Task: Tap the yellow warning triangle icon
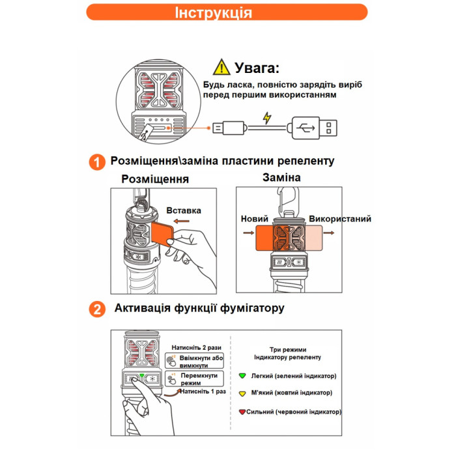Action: tap(222, 67)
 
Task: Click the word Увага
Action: tap(257, 68)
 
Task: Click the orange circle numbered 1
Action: tap(97, 162)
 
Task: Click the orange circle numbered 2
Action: tap(97, 309)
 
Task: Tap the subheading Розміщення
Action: tap(155, 179)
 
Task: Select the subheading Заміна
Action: tap(281, 177)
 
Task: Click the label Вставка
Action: tap(184, 210)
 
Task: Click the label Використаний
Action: tap(340, 220)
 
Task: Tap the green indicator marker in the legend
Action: tap(242, 376)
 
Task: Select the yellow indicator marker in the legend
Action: tap(242, 393)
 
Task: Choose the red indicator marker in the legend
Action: tap(242, 412)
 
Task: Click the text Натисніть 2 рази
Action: tap(193, 347)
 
